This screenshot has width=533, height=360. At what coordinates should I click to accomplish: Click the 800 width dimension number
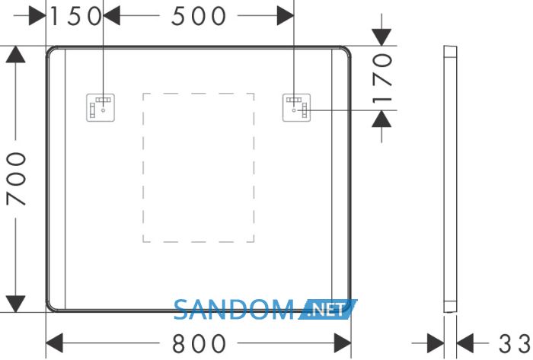tap(199, 343)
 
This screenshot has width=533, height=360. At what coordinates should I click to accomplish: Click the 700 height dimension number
tap(16, 179)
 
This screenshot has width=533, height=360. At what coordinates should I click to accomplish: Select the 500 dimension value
tap(199, 16)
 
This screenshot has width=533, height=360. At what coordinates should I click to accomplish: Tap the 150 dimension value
tap(76, 16)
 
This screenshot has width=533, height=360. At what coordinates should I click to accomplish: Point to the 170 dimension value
tap(383, 78)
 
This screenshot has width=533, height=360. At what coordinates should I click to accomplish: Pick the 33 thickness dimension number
tap(514, 343)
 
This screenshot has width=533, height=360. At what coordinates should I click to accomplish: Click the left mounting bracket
tap(101, 107)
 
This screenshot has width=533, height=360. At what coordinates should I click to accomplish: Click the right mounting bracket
tap(296, 107)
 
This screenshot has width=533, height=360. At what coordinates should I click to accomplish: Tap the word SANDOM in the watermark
tap(235, 310)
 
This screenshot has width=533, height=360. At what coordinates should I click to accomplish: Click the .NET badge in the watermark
tap(327, 310)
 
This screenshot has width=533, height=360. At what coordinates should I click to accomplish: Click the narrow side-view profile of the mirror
tap(451, 179)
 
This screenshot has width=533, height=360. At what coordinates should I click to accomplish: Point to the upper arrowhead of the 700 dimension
tap(16, 54)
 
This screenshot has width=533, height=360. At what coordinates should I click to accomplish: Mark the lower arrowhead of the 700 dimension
tap(16, 304)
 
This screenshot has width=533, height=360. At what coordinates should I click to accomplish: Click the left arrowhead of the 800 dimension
tap(54, 343)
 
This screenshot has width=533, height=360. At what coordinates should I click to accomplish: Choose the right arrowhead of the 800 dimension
tap(343, 343)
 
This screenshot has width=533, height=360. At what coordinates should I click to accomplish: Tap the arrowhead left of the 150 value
tap(37, 16)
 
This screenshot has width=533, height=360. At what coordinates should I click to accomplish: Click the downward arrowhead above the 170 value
tap(381, 37)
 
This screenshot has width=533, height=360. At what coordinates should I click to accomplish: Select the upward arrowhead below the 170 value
tap(381, 119)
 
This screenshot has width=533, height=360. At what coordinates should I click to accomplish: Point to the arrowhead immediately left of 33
tap(465, 343)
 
